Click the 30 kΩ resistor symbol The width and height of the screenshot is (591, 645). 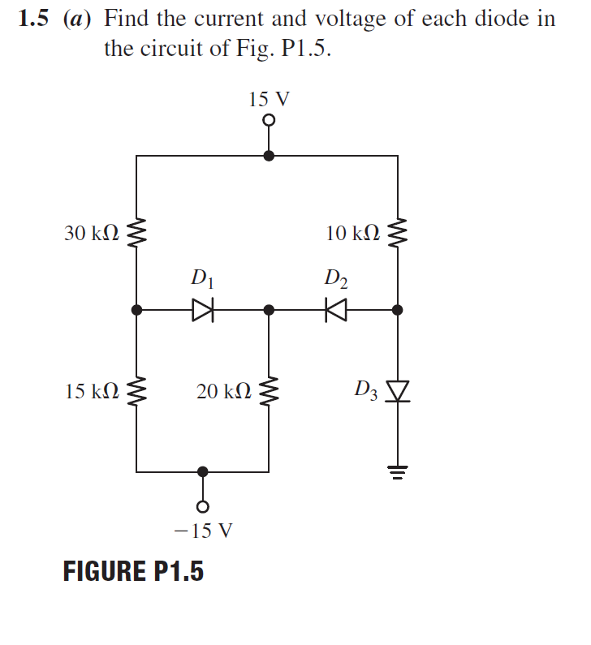pos(136,234)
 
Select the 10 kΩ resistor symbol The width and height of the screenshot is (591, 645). pos(397,234)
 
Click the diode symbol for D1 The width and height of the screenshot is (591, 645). pos(201,309)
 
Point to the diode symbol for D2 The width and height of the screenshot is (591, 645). pos(334,309)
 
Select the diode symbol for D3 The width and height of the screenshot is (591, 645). pos(397,392)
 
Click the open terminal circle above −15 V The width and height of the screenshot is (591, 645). pos(203,506)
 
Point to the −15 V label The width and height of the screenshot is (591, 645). pos(203,531)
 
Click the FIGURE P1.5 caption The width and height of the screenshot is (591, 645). pos(133,571)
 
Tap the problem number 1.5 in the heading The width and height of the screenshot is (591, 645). pos(33,19)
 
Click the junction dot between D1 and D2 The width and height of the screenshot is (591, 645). pos(269,309)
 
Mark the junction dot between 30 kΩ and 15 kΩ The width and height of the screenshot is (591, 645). pos(136,309)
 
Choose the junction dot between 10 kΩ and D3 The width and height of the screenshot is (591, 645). pos(397,309)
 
